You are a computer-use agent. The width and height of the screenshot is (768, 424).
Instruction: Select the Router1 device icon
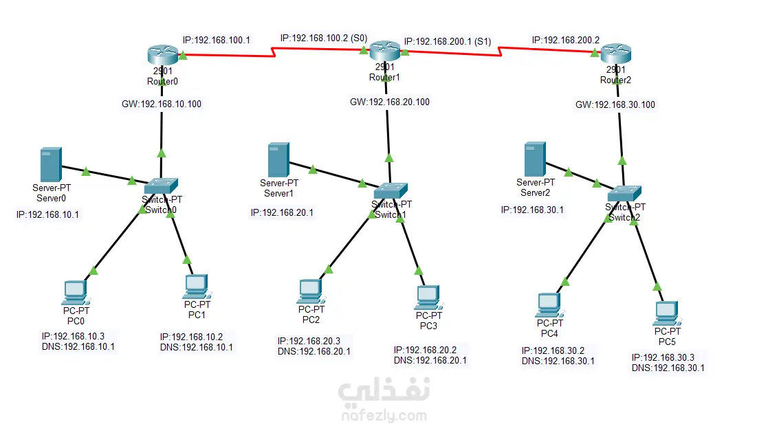click(x=384, y=50)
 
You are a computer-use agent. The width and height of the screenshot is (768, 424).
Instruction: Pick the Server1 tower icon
click(x=278, y=159)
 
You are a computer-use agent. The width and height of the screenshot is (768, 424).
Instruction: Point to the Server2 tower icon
click(x=534, y=159)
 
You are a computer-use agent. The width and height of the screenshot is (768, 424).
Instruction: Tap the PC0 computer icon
click(x=74, y=293)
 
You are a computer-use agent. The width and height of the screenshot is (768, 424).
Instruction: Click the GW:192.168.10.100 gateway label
click(x=162, y=104)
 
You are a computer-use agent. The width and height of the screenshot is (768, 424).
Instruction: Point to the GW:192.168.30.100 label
click(x=615, y=104)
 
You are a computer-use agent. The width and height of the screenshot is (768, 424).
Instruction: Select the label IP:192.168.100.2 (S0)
click(x=323, y=37)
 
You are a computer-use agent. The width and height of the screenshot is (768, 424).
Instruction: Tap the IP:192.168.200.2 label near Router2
click(x=565, y=40)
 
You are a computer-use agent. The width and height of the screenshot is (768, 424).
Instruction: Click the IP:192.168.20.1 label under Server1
click(x=282, y=212)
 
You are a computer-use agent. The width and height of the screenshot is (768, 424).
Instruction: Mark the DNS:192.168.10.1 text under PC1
click(x=196, y=347)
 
